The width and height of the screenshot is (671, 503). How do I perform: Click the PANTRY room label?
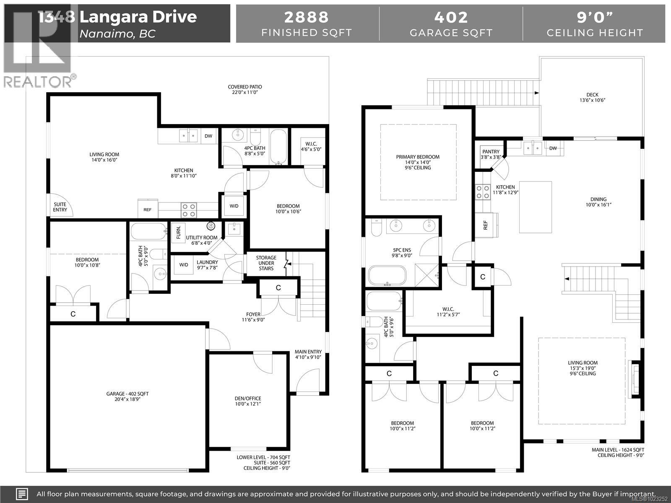[x=491, y=152]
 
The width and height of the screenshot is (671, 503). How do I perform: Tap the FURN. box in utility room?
[x=179, y=232]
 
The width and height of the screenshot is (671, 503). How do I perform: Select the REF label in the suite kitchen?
[x=148, y=210]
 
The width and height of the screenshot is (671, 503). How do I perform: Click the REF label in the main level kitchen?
[x=486, y=225]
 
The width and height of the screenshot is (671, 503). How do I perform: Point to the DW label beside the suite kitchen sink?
[x=208, y=136]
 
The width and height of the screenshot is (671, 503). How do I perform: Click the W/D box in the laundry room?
[x=184, y=265]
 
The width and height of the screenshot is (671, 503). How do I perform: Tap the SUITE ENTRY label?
[x=60, y=207]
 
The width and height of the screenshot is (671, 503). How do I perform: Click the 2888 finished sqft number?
[x=307, y=17]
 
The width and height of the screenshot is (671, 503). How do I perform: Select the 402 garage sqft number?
[x=451, y=17]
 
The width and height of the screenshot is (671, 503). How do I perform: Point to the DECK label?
[x=593, y=95]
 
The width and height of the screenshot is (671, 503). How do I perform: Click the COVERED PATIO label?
[x=245, y=87]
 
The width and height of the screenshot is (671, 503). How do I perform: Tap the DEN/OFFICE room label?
[x=247, y=398]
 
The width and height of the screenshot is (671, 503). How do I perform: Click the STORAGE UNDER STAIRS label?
[x=266, y=263]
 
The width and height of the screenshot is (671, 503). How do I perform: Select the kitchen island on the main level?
[x=535, y=207]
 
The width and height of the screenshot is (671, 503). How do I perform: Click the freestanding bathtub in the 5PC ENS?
[x=387, y=276]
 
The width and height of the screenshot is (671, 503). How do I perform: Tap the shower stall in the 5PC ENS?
[x=427, y=275]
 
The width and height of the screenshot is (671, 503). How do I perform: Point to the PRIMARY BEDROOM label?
[x=418, y=157]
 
